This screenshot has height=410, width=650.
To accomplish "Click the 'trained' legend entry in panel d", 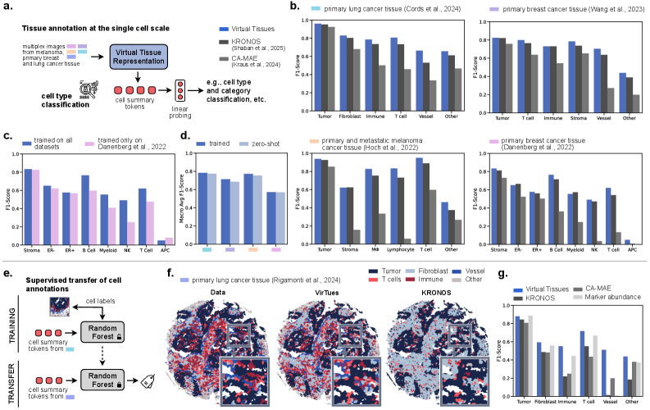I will coord(218,144).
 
